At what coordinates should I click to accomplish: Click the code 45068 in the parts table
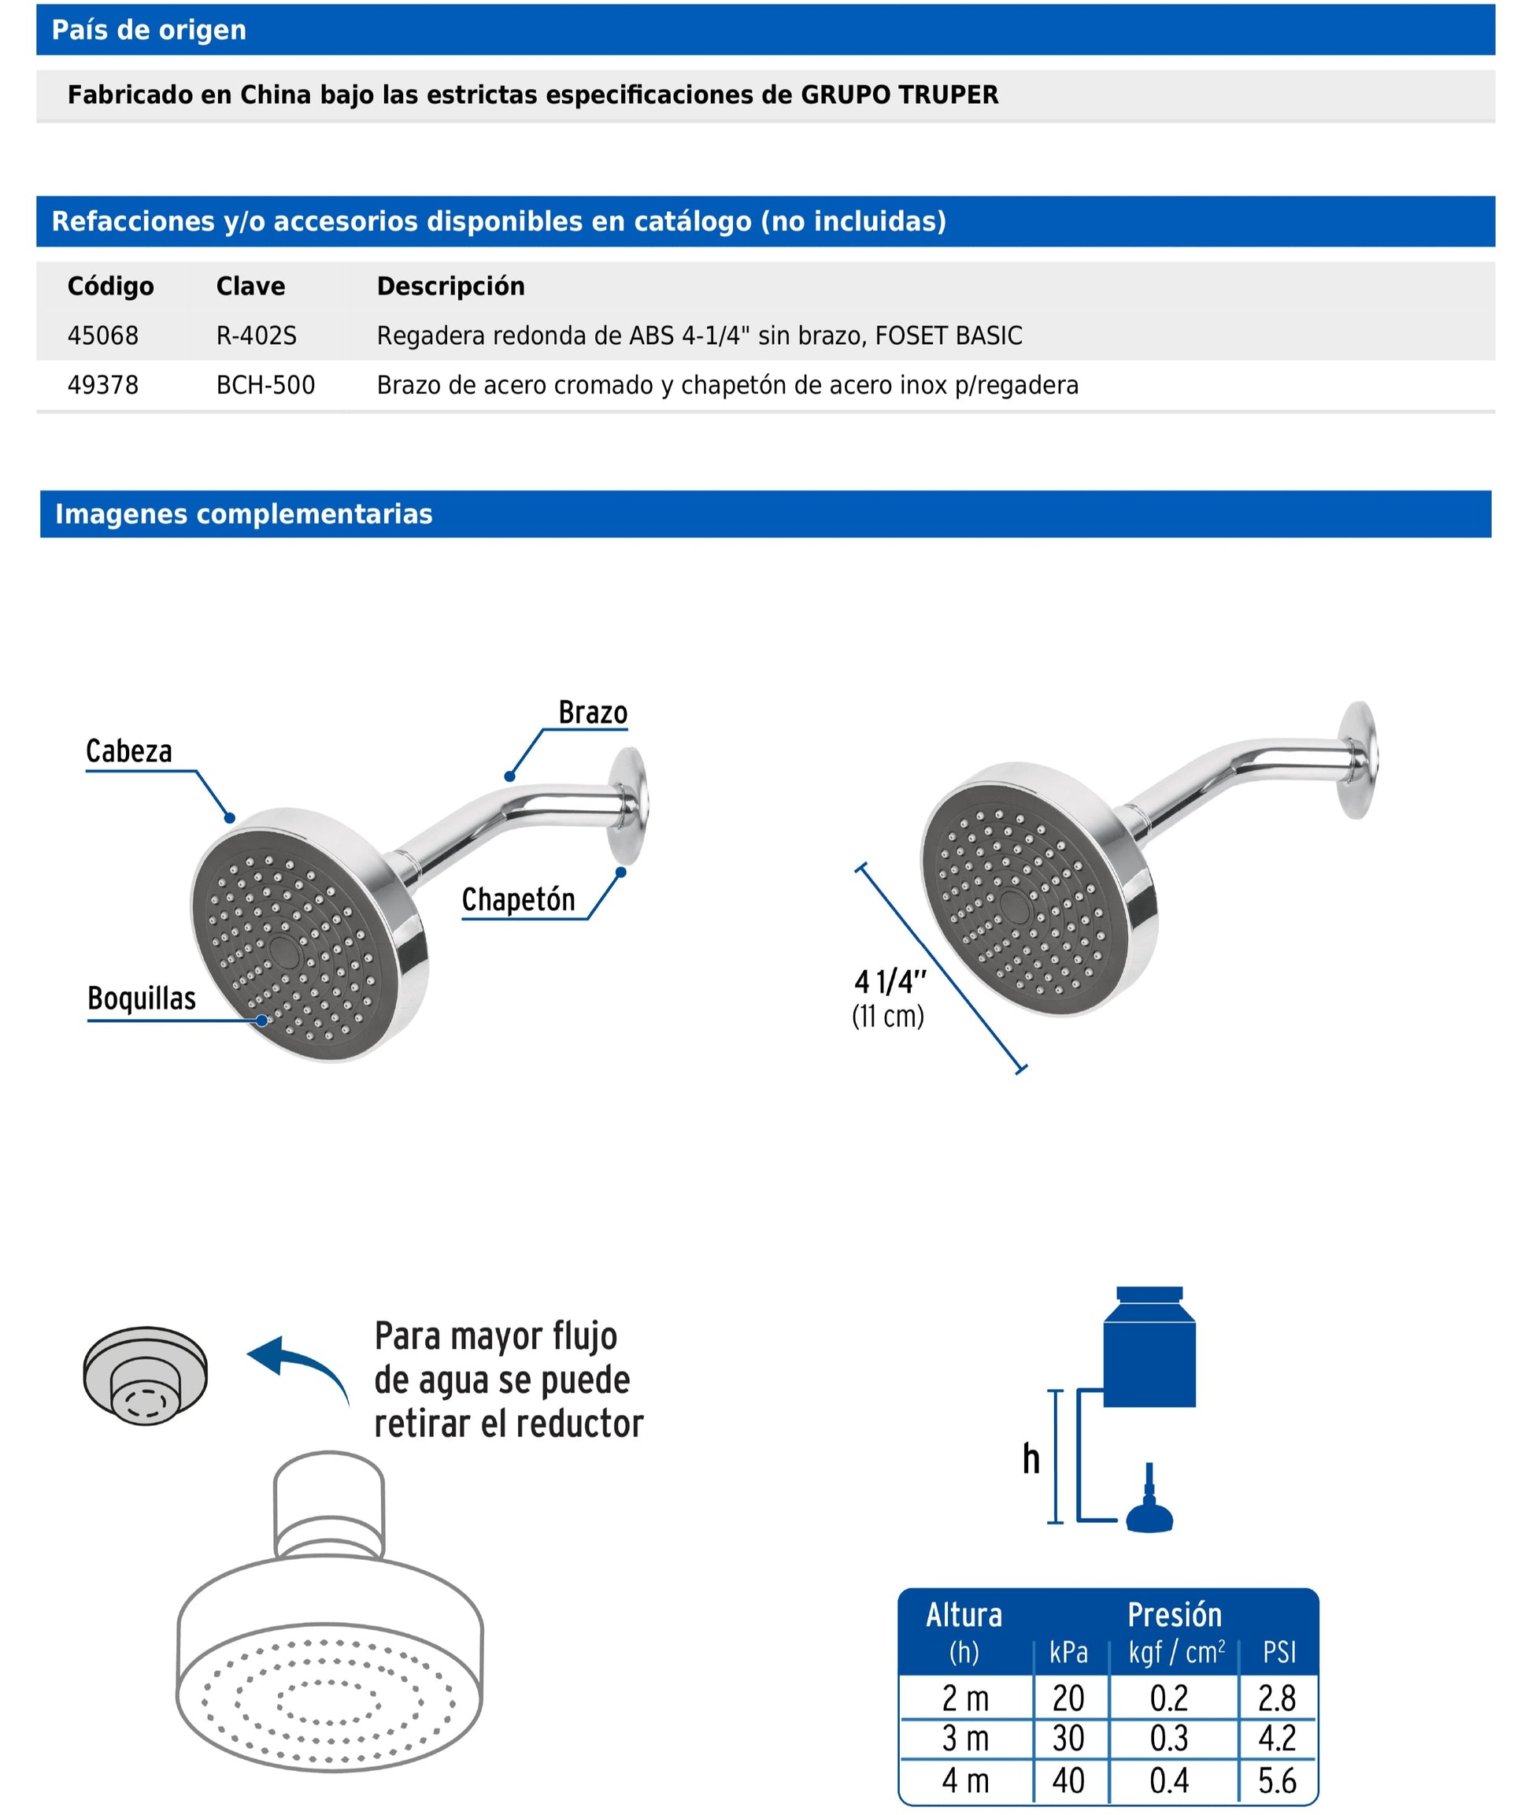[102, 335]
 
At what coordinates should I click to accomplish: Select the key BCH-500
[265, 385]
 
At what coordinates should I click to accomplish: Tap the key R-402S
[256, 335]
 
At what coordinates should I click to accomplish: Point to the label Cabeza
[128, 750]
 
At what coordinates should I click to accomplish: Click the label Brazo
[592, 712]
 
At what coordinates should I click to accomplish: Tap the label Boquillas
[142, 998]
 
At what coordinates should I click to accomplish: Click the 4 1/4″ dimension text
[890, 982]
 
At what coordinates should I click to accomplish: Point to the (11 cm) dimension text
[887, 1015]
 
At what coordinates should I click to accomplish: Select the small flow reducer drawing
[145, 1376]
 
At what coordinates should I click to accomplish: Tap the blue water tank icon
[1149, 1349]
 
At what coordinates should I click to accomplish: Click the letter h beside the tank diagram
[1031, 1459]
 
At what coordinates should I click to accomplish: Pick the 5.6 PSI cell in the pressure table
[1277, 1781]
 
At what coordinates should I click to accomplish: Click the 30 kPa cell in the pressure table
[1068, 1739]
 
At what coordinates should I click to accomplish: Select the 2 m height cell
[965, 1698]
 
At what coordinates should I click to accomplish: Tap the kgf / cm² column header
[1176, 1652]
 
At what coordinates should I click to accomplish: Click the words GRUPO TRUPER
[899, 94]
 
